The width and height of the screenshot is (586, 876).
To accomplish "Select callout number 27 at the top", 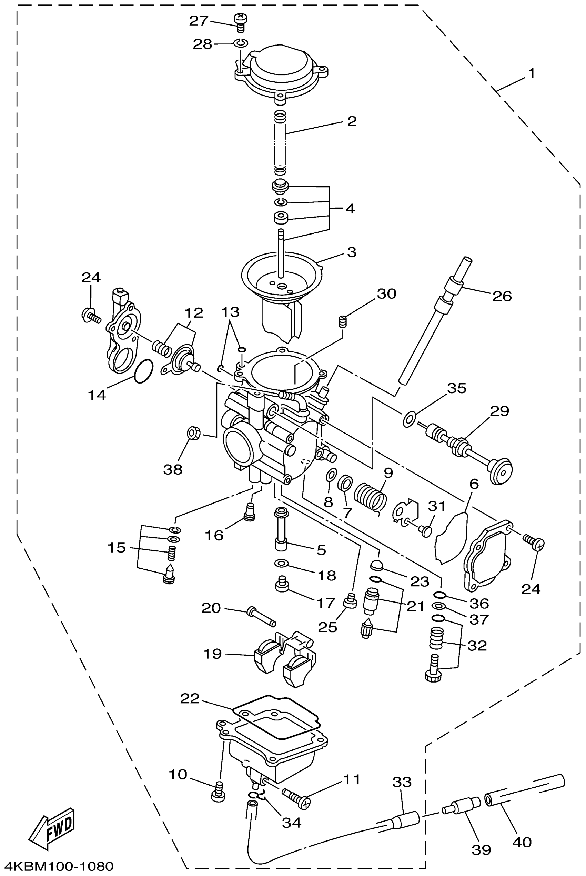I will click(x=199, y=21).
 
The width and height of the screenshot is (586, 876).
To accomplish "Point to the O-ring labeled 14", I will click(x=143, y=371).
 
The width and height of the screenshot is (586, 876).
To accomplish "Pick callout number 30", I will click(x=386, y=294).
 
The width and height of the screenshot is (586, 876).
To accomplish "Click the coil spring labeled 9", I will click(x=370, y=497).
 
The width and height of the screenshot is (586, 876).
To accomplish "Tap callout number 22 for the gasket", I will click(x=190, y=698).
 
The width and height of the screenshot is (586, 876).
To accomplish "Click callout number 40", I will click(x=522, y=842).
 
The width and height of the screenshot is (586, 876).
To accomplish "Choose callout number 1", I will click(x=532, y=73).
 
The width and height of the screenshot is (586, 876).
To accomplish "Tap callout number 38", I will click(x=173, y=470).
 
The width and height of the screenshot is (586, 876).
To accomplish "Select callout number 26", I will click(x=502, y=296).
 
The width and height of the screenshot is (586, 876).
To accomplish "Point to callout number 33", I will click(x=402, y=782).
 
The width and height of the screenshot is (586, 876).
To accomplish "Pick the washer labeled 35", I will click(x=409, y=419).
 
